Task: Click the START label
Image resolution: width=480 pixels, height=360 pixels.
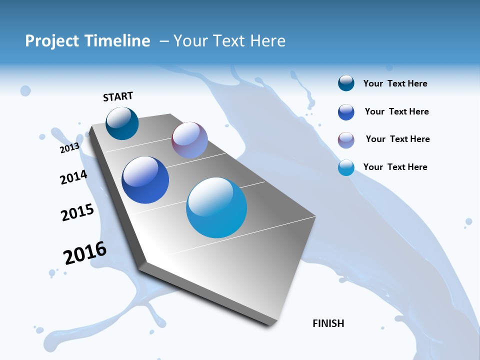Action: pyautogui.click(x=118, y=96)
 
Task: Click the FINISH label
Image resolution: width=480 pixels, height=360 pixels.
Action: pyautogui.click(x=328, y=323)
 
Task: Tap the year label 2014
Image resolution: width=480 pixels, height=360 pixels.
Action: pyautogui.click(x=73, y=177)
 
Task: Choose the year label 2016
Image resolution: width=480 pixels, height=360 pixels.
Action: pyautogui.click(x=85, y=253)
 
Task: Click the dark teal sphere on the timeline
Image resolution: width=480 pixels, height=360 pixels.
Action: pyautogui.click(x=122, y=123)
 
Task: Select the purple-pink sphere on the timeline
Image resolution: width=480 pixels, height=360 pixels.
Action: pyautogui.click(x=189, y=140)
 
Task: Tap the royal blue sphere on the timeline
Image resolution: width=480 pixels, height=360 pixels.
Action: pyautogui.click(x=145, y=180)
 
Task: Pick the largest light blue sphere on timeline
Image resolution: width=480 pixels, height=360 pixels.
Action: pyautogui.click(x=216, y=207)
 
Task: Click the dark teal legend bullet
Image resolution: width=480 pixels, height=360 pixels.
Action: pyautogui.click(x=346, y=83)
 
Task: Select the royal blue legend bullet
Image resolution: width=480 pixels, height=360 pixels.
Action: pyautogui.click(x=346, y=112)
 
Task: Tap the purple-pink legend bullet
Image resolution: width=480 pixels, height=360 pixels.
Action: pyautogui.click(x=346, y=140)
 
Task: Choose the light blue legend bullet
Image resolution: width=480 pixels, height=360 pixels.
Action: pyautogui.click(x=346, y=167)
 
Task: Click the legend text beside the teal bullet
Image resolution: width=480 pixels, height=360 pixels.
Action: pyautogui.click(x=395, y=83)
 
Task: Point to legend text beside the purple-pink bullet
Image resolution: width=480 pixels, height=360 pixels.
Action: pyautogui.click(x=397, y=139)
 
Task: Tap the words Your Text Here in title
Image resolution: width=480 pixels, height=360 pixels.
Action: pyautogui.click(x=229, y=41)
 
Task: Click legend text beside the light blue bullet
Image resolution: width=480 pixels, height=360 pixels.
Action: pyautogui.click(x=395, y=167)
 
